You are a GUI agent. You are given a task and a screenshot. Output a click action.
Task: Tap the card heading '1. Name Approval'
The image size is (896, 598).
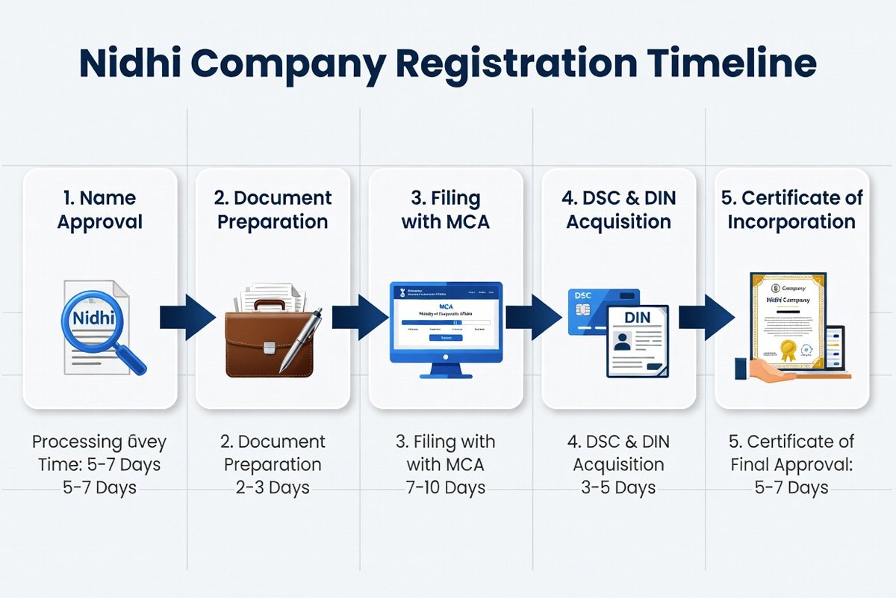[100, 210]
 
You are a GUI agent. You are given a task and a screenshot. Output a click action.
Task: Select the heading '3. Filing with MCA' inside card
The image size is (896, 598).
[446, 210]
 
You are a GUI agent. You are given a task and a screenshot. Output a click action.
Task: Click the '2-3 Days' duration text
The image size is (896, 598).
[273, 488]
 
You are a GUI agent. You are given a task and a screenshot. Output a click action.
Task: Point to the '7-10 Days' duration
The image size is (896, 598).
[446, 488]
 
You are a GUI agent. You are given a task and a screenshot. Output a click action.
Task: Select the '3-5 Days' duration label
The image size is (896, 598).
[618, 488]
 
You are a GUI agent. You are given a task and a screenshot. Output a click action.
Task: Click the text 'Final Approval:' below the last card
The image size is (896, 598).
[791, 464]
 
